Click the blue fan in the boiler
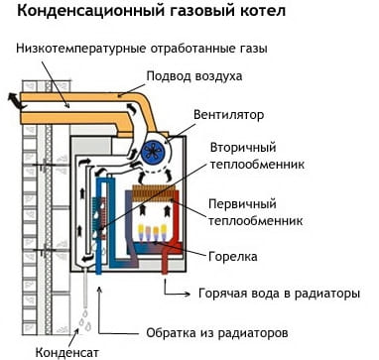154,152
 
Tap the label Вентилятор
229,115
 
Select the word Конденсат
67,350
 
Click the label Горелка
233,257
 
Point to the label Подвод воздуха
194,76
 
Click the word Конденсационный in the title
90,11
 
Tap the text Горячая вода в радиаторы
279,294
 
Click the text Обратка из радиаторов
217,333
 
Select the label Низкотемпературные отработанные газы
142,49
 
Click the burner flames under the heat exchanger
153,232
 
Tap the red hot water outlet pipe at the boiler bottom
166,264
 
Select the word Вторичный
243,148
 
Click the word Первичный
242,204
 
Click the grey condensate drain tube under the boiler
86,287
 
